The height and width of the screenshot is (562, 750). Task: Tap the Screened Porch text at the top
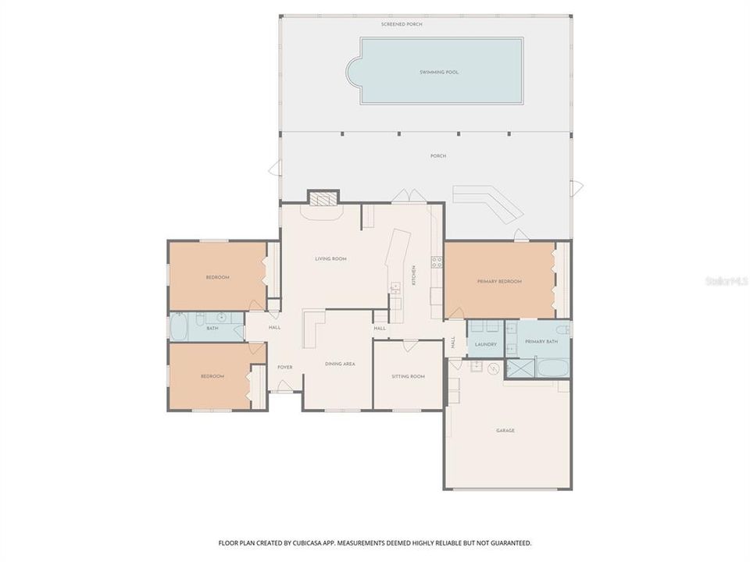(398, 25)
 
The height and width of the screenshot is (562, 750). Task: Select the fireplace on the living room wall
(322, 198)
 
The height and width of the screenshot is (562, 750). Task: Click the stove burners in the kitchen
(437, 262)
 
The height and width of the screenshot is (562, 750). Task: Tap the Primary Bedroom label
(499, 281)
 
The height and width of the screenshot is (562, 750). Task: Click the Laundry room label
(485, 343)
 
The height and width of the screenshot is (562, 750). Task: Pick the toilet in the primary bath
(564, 330)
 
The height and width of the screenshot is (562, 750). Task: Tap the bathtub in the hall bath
(179, 328)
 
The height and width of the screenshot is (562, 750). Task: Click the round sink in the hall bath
(221, 318)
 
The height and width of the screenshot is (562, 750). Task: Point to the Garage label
(505, 430)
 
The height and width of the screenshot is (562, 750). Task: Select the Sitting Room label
(408, 376)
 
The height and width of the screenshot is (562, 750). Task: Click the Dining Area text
(340, 364)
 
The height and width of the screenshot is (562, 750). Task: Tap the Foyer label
(284, 367)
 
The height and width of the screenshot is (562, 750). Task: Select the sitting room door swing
(409, 346)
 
